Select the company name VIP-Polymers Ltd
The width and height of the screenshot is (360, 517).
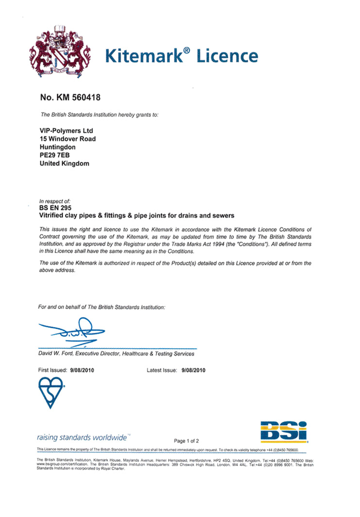(x=65, y=131)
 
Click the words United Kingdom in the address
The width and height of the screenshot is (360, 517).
(x=64, y=164)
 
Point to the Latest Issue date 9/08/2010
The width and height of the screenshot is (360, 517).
(x=194, y=370)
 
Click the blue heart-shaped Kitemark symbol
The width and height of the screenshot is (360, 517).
(x=51, y=393)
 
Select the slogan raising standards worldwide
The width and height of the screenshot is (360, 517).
(x=82, y=435)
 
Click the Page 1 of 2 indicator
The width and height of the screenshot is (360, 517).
(x=186, y=441)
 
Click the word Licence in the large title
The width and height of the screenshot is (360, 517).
(x=227, y=55)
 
